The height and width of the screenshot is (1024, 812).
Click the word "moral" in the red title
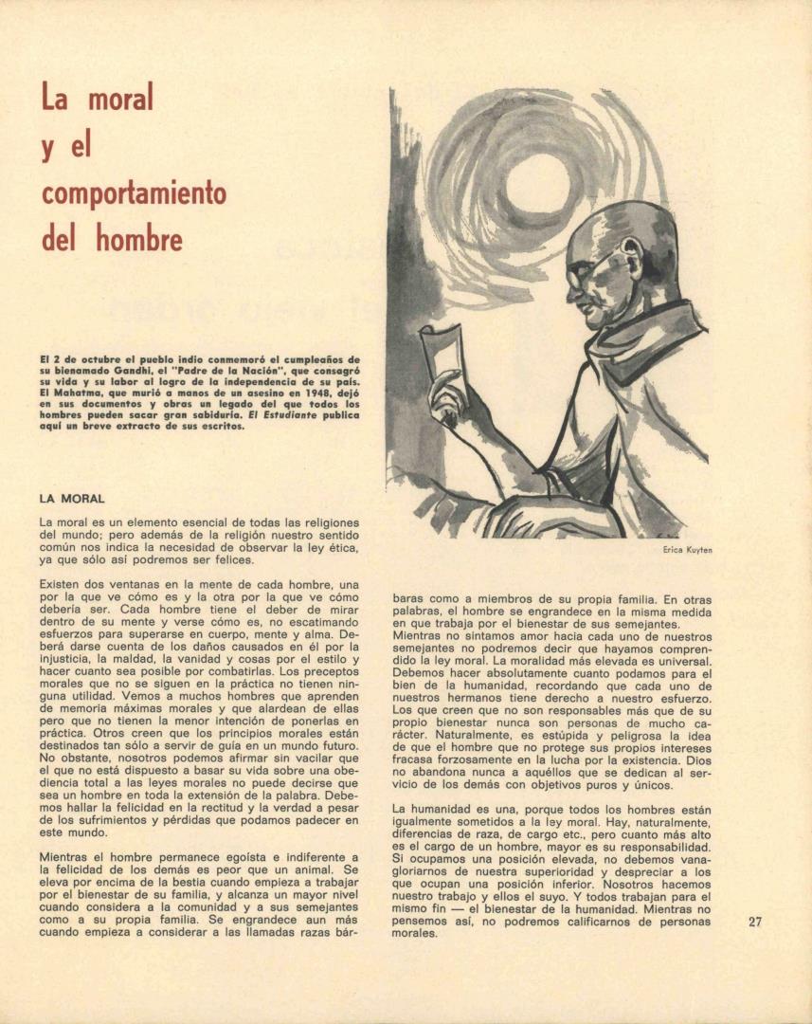(x=121, y=98)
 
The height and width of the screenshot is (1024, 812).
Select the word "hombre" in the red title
(x=139, y=239)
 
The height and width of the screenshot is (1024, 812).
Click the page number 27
(x=755, y=921)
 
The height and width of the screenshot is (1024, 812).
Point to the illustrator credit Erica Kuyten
(x=688, y=550)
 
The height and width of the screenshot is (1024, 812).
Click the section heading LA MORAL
(x=72, y=498)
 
